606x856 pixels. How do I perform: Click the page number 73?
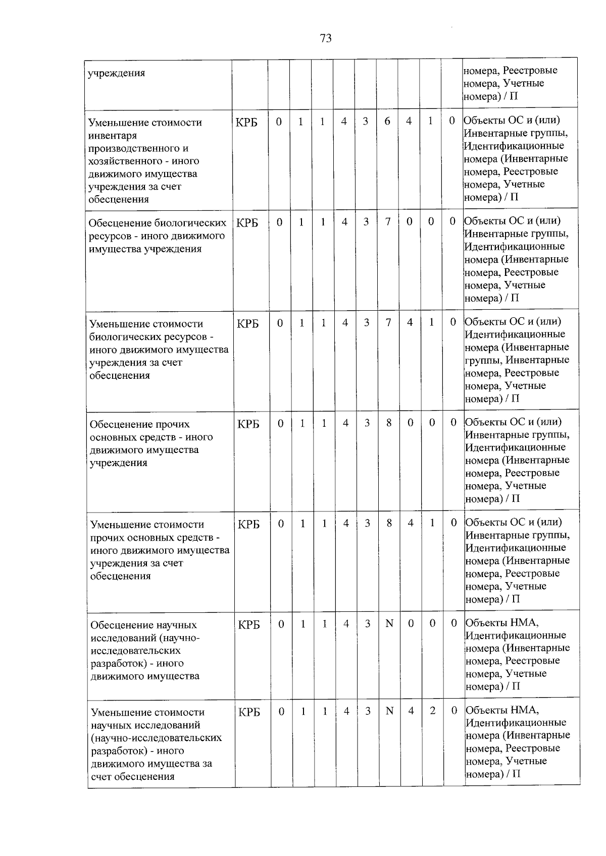pos(326,38)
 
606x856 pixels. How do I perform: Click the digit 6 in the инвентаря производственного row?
pos(387,122)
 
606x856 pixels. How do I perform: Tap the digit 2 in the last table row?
pos(433,710)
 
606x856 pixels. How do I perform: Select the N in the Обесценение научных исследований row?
pos(389,623)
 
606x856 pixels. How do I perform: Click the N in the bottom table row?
pos(389,710)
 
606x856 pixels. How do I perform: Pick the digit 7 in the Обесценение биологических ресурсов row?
pos(388,222)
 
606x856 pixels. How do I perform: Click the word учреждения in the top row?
pos(117,73)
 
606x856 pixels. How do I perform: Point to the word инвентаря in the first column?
pos(112,136)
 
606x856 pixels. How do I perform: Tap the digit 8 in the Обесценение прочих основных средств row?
pos(389,423)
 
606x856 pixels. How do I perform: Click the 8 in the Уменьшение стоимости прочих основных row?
pos(389,523)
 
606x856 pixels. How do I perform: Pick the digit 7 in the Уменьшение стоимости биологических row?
pos(388,322)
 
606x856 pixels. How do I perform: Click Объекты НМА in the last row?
pos(502,710)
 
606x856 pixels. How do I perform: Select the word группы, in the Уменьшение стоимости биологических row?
pos(483,360)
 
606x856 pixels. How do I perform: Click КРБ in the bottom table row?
pos(249,712)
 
